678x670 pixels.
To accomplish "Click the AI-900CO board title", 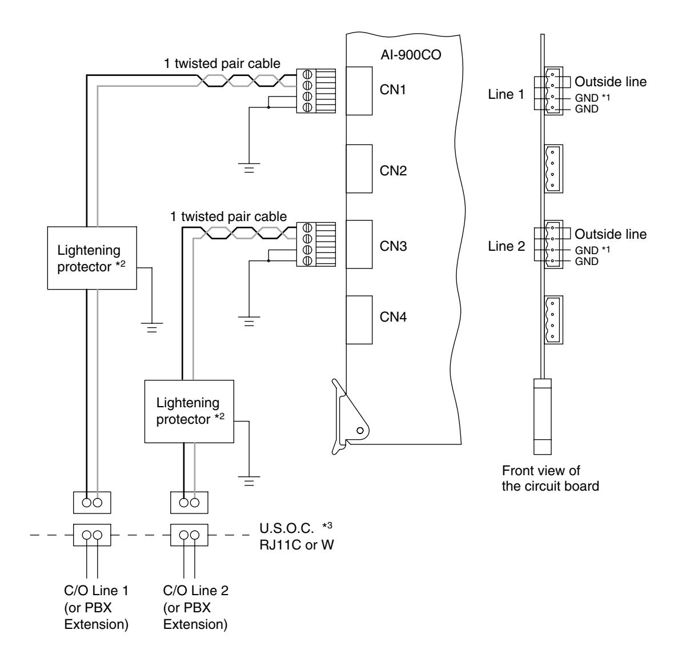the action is tap(411, 55).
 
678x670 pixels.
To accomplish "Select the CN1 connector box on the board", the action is tap(359, 91).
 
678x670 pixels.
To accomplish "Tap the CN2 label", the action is tap(393, 170).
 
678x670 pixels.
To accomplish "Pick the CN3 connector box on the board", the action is tap(359, 244).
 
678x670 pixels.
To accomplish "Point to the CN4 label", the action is tap(393, 317).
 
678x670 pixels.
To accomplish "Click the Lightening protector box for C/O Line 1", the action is tap(92, 258).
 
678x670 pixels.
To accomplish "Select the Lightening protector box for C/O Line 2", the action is tap(189, 411).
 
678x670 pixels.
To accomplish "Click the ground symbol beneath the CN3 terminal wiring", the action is tap(249, 322).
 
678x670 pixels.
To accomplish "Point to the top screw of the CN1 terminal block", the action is tap(307, 74).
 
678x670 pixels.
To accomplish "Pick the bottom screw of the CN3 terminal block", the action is tap(307, 260).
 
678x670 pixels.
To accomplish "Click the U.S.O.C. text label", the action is tap(287, 528).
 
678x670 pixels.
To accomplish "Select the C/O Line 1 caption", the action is tap(96, 591).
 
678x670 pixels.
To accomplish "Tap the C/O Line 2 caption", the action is tap(195, 591).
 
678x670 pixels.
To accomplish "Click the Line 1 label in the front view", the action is tap(506, 94).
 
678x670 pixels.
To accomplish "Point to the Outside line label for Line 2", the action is tap(611, 234).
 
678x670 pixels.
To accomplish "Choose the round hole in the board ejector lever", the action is tap(360, 431).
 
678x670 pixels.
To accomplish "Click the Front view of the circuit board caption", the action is tap(551, 478).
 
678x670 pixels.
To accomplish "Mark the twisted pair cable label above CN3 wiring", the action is tap(228, 216).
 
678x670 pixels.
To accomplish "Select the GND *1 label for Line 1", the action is tap(592, 98).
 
